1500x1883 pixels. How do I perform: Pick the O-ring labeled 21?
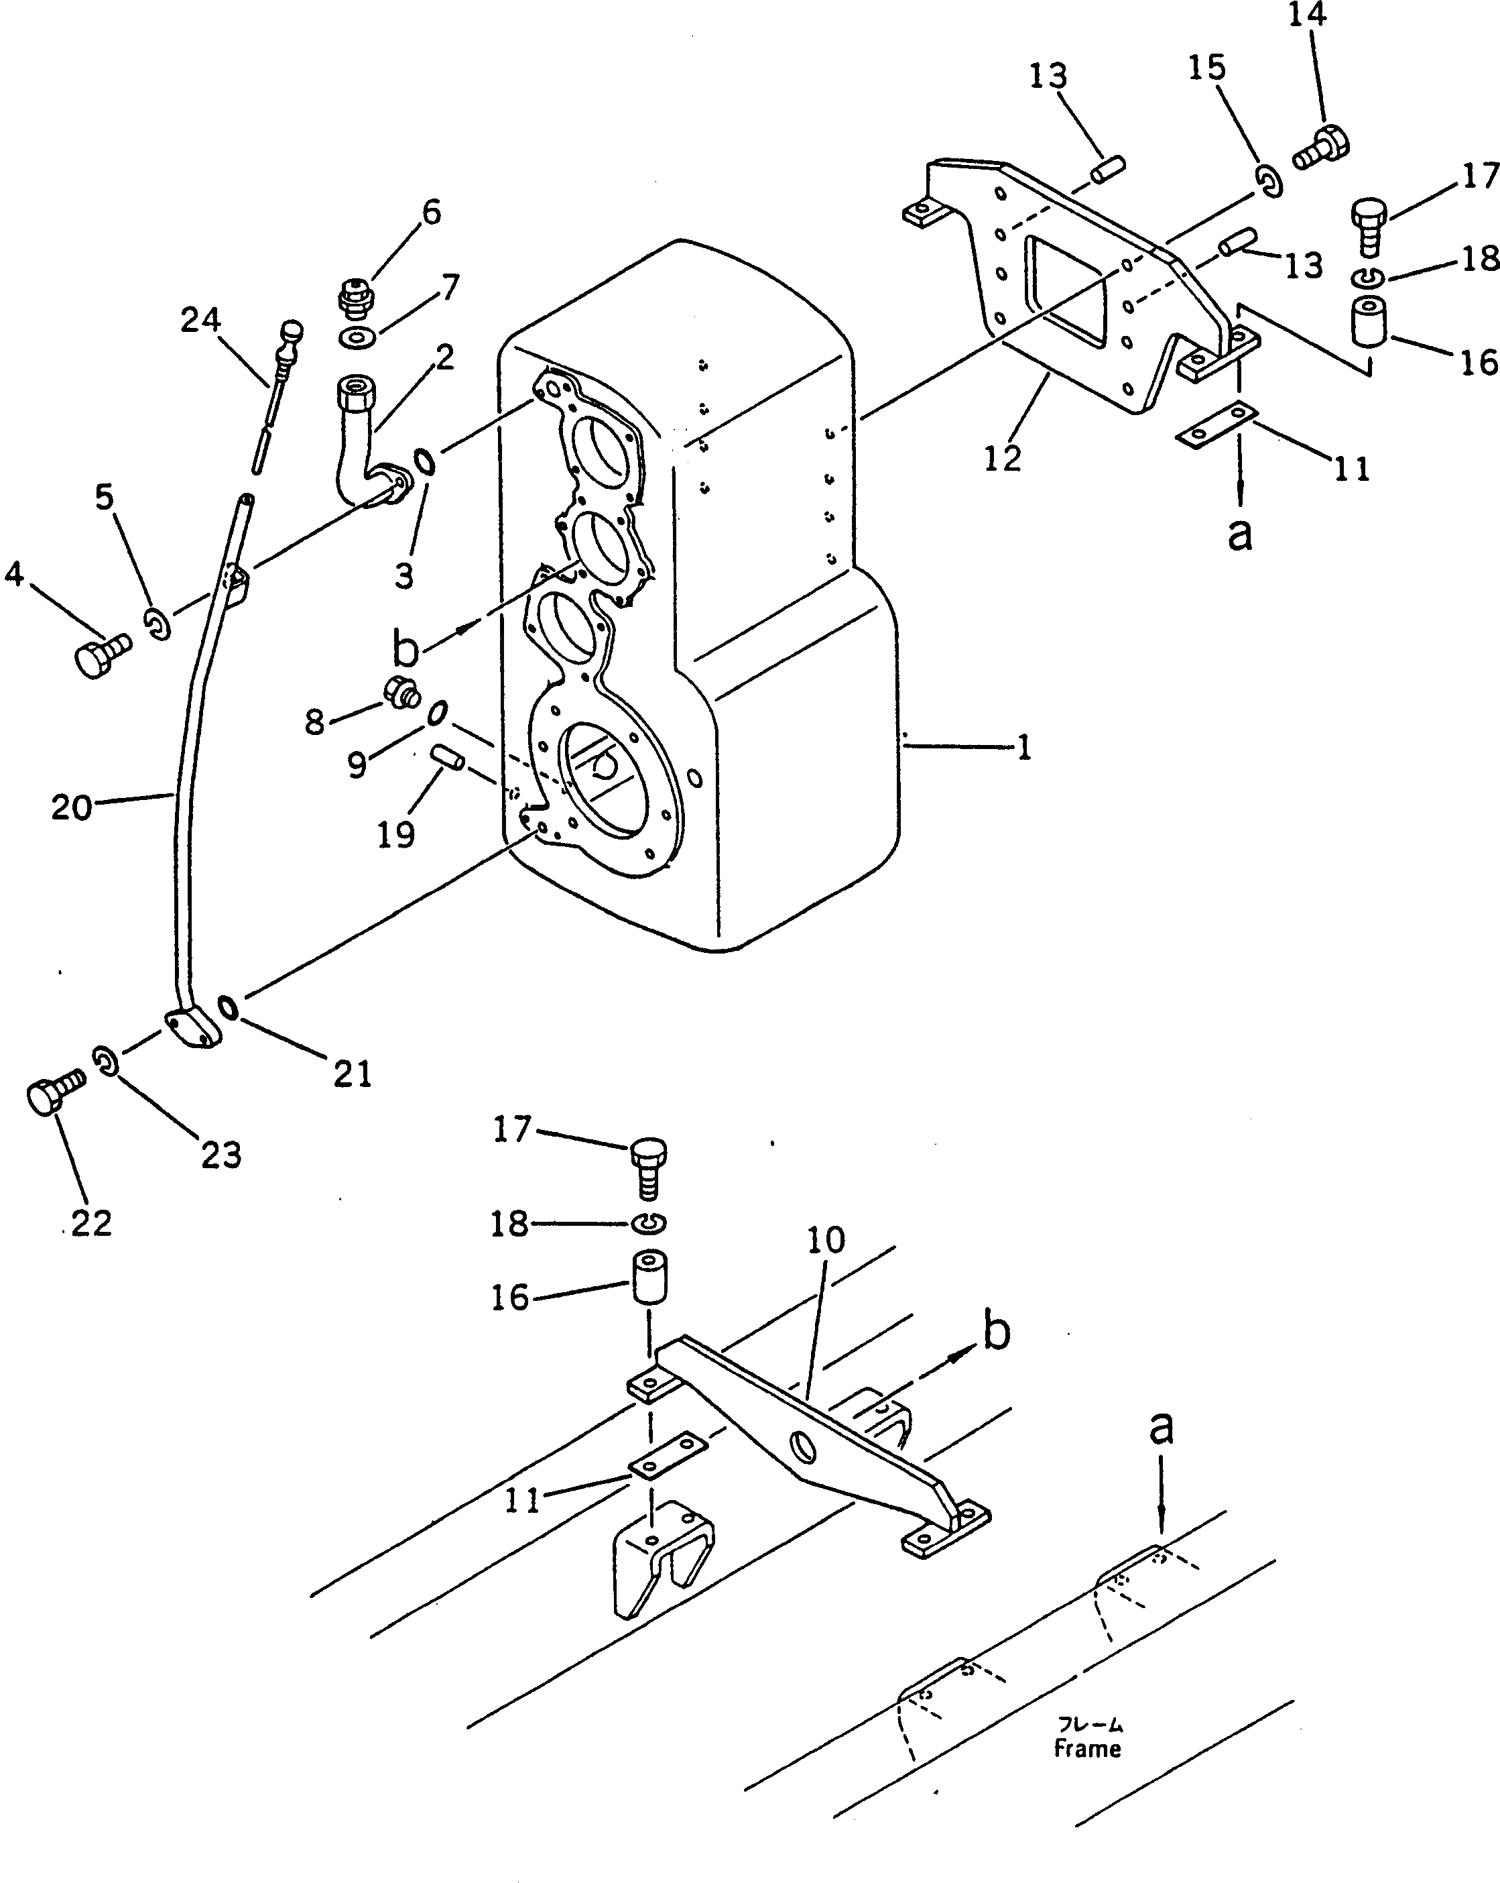pyautogui.click(x=229, y=1008)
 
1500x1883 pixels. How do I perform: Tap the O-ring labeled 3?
pyautogui.click(x=424, y=461)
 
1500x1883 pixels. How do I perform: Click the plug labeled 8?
pyautogui.click(x=401, y=693)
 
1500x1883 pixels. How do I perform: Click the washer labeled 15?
pyautogui.click(x=1270, y=182)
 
